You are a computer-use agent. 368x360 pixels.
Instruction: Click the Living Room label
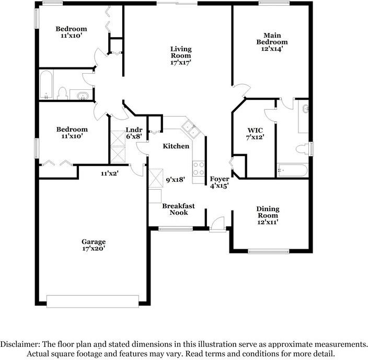(181, 52)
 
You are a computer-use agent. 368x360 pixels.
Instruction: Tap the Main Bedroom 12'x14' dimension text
(272, 49)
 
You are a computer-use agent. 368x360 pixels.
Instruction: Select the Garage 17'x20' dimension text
(94, 248)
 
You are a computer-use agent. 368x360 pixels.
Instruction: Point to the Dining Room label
(268, 212)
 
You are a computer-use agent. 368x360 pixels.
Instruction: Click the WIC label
(255, 131)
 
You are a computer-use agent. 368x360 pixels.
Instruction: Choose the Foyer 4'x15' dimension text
(220, 186)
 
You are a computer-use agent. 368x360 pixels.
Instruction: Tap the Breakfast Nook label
(178, 209)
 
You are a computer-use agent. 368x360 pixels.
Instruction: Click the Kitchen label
(176, 146)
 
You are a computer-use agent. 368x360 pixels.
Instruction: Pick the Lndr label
(134, 130)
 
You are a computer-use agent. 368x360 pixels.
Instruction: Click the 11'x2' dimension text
(110, 173)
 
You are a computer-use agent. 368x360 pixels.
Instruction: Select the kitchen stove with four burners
(199, 169)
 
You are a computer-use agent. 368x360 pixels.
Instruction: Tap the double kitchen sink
(190, 129)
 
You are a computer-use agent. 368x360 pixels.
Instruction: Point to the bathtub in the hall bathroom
(46, 85)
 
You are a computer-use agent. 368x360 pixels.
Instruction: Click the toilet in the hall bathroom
(62, 94)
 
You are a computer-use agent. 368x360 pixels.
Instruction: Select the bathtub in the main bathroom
(292, 170)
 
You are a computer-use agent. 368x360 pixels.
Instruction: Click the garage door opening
(93, 301)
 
